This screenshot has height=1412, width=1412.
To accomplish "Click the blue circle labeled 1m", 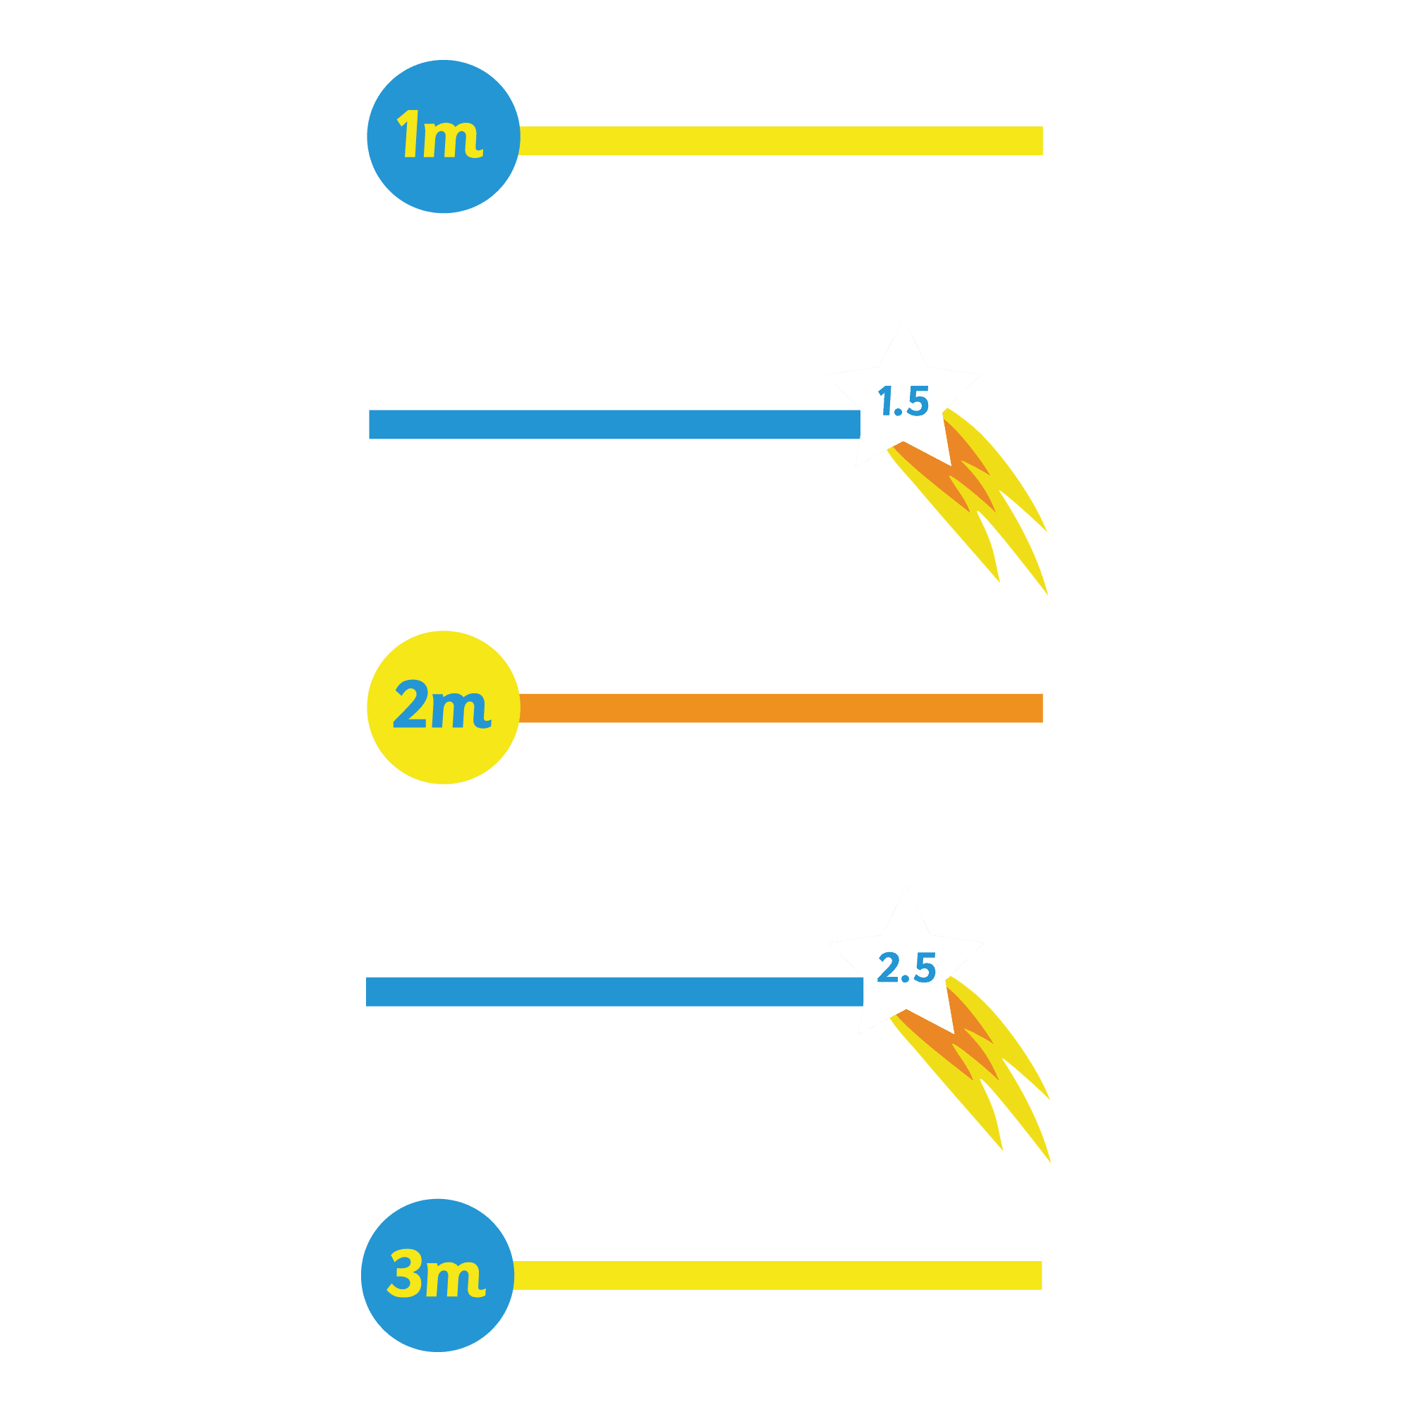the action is coord(443,137).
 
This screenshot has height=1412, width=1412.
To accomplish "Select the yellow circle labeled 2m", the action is coord(443,707).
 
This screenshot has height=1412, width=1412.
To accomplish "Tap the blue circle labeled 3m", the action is coord(437,1275).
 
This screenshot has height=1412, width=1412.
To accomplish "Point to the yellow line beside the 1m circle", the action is coord(781,140).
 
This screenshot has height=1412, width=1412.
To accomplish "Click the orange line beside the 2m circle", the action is coord(781,708).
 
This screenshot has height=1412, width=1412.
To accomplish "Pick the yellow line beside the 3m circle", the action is coord(777,1275).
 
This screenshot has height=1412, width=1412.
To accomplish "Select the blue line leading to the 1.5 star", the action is coord(614,424).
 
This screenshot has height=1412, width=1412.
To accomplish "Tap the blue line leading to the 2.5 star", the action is coord(614,992).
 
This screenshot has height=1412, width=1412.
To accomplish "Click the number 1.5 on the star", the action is coord(903,401).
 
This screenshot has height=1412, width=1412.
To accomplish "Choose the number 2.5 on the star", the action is coord(906,968).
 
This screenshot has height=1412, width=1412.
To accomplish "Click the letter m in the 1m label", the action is coord(453,139).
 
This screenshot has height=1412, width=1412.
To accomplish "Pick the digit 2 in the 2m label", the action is coord(410,704).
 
